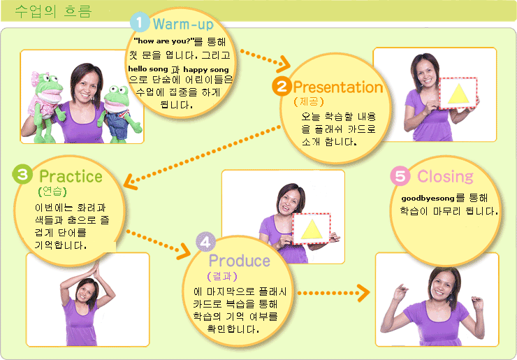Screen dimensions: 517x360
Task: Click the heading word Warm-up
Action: (183, 24)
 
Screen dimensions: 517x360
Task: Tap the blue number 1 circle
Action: (140, 22)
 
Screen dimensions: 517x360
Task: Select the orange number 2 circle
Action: (282, 87)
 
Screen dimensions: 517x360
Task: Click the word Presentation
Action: (338, 87)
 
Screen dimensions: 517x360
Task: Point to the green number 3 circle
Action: (22, 174)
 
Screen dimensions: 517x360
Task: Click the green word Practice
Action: (71, 176)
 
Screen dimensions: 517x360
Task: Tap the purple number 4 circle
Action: (205, 242)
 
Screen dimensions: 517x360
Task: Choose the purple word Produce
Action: (240, 261)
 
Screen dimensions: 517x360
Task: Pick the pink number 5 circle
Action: (400, 176)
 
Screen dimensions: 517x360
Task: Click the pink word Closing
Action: (445, 177)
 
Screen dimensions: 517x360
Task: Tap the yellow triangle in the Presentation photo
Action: (458, 94)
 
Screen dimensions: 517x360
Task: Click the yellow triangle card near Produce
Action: (312, 229)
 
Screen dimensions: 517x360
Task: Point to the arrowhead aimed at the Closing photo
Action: (363, 293)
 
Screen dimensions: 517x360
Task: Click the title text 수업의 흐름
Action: (53, 12)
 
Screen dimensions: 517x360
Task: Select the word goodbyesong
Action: (423, 199)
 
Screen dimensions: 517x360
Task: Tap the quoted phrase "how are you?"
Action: (163, 41)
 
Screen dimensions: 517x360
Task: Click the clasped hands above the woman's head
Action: (96, 269)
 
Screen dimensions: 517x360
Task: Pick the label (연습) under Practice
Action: (52, 192)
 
